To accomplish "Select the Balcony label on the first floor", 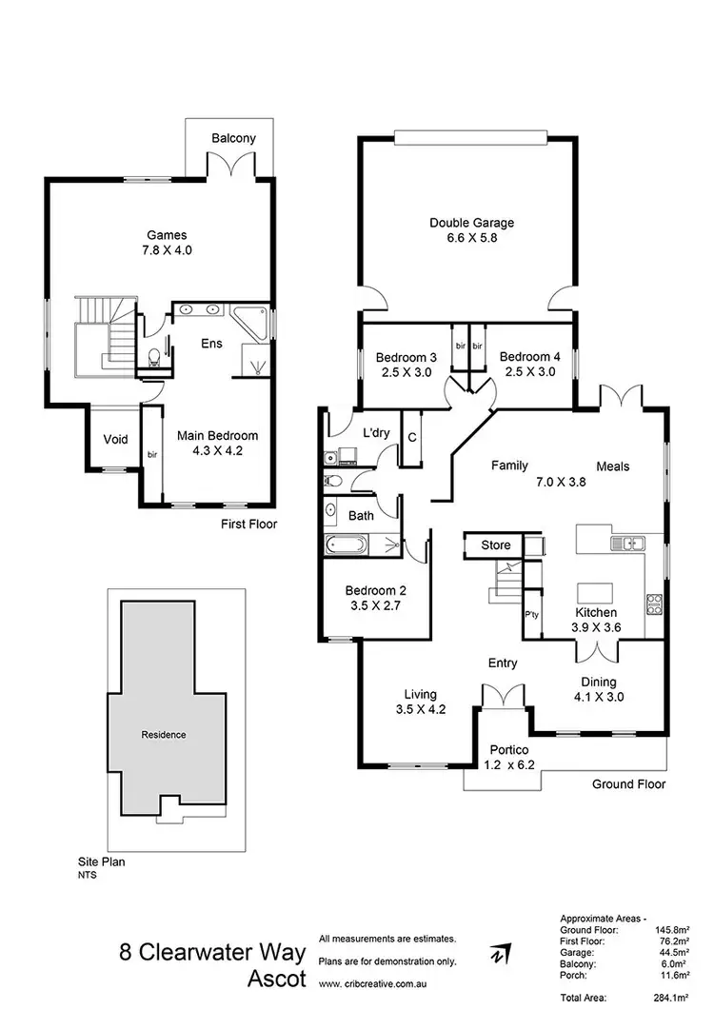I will coord(233,138).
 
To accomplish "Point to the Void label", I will coord(115,440).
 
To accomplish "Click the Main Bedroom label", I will coord(217,436).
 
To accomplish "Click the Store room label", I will coord(495,545).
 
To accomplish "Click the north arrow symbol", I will coord(499,954).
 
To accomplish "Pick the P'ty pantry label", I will coord(532,614).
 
